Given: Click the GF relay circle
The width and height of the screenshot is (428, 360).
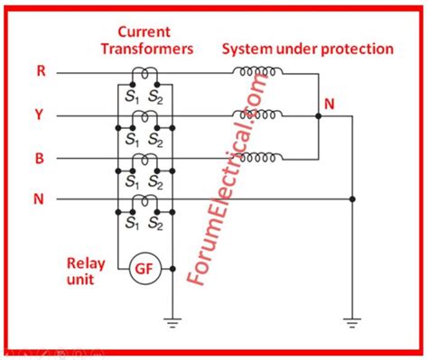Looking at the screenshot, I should point(144,268).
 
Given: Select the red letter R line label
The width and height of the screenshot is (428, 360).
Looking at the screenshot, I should point(41,70).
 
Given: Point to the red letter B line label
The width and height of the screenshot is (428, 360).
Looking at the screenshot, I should point(41,158).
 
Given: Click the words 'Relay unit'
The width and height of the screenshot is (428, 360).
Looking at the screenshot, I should point(86,272).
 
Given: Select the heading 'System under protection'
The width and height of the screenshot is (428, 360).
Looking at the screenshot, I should point(307,49).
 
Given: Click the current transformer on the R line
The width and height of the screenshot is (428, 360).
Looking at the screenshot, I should point(144,74).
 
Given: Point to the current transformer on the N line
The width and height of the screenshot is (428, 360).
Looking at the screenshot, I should point(144,202).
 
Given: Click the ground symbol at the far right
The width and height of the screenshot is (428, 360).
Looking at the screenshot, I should point(351,319).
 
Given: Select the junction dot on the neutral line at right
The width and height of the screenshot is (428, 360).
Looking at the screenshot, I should point(351,199).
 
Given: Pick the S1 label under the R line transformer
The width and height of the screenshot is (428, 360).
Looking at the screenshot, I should point(133,97).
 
